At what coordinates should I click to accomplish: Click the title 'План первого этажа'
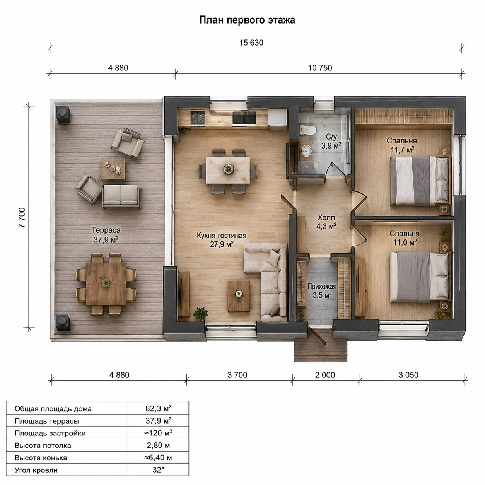[247, 20]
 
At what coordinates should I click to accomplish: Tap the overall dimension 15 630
[251, 43]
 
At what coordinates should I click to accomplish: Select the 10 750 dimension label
[320, 68]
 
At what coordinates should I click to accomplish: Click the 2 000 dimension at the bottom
[325, 375]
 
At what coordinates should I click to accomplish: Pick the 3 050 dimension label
[408, 375]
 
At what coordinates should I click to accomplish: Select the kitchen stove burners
[197, 118]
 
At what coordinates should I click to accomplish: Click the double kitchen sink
[244, 118]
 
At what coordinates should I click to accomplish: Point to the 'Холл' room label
[326, 217]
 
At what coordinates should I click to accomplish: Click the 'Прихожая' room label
[322, 287]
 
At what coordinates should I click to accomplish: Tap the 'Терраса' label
[106, 230]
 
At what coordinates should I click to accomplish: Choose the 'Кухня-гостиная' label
[222, 236]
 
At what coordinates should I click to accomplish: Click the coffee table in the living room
[239, 296]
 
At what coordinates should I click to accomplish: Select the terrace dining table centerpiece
[106, 283]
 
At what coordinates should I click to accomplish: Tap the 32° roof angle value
[158, 470]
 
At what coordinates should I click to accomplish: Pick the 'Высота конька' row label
[41, 458]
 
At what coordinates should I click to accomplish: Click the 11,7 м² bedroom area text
[403, 150]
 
